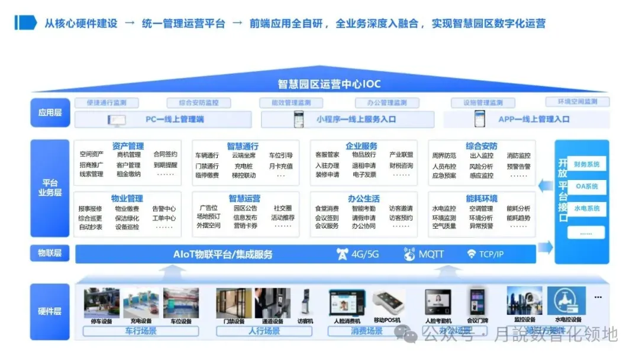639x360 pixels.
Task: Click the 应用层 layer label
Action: [x=50, y=112]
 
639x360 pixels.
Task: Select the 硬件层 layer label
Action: [x=50, y=311]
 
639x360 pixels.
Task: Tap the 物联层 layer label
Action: [x=50, y=253]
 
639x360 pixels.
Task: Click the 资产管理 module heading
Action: [x=128, y=146]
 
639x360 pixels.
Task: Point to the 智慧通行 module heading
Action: [x=243, y=146]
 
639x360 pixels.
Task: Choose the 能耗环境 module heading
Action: [x=482, y=198]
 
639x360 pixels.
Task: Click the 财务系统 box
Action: [x=586, y=164]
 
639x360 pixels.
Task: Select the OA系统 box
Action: [x=586, y=187]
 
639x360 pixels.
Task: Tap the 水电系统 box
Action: [x=586, y=208]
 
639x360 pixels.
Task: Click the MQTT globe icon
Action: [x=409, y=255]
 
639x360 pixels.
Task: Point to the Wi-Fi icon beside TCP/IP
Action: [x=472, y=255]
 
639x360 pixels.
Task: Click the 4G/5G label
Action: [x=364, y=255]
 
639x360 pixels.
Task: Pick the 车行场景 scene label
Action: [x=141, y=331]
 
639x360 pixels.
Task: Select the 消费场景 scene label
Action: [x=367, y=331]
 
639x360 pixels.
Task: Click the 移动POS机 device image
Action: [x=388, y=303]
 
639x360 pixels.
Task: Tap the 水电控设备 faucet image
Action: [x=566, y=301]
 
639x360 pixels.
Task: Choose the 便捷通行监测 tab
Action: [x=106, y=102]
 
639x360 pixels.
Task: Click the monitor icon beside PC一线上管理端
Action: [x=117, y=120]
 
